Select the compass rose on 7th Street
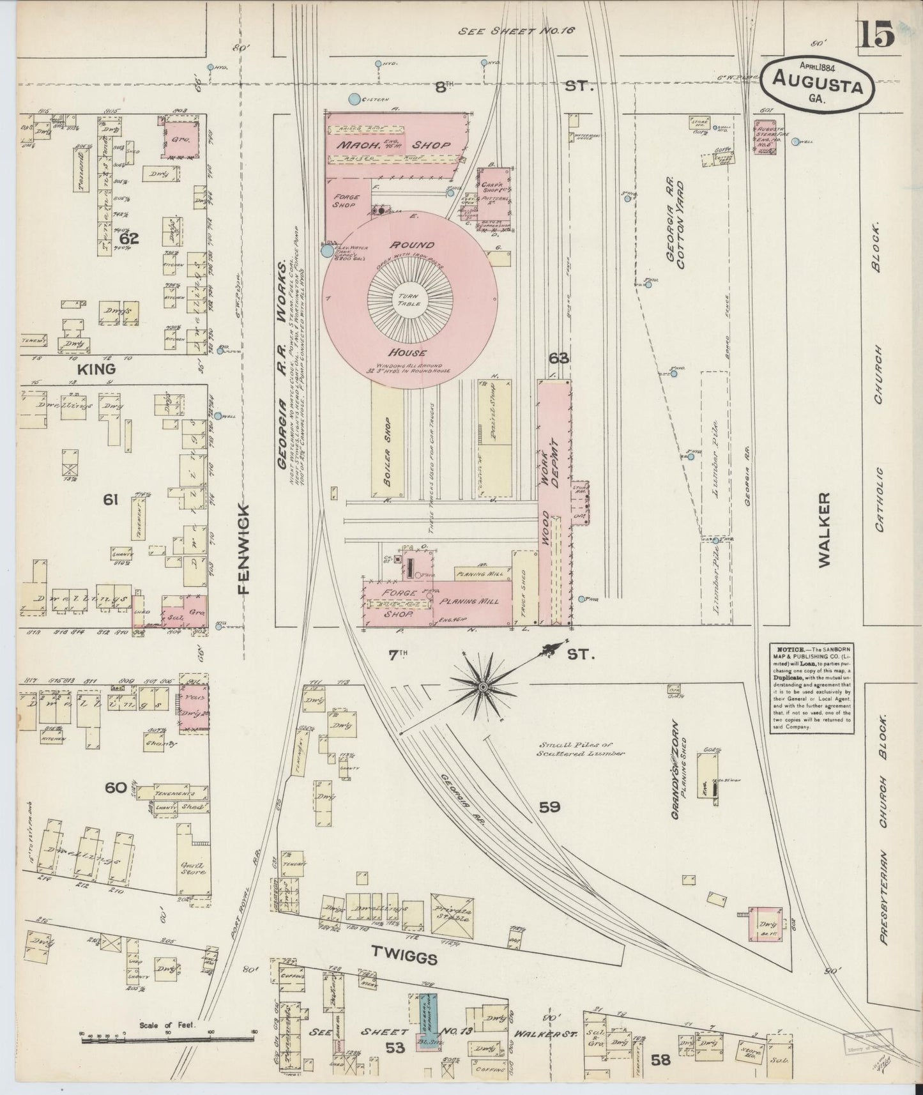coord(483,686)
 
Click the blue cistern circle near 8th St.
coord(353,99)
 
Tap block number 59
coord(549,807)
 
